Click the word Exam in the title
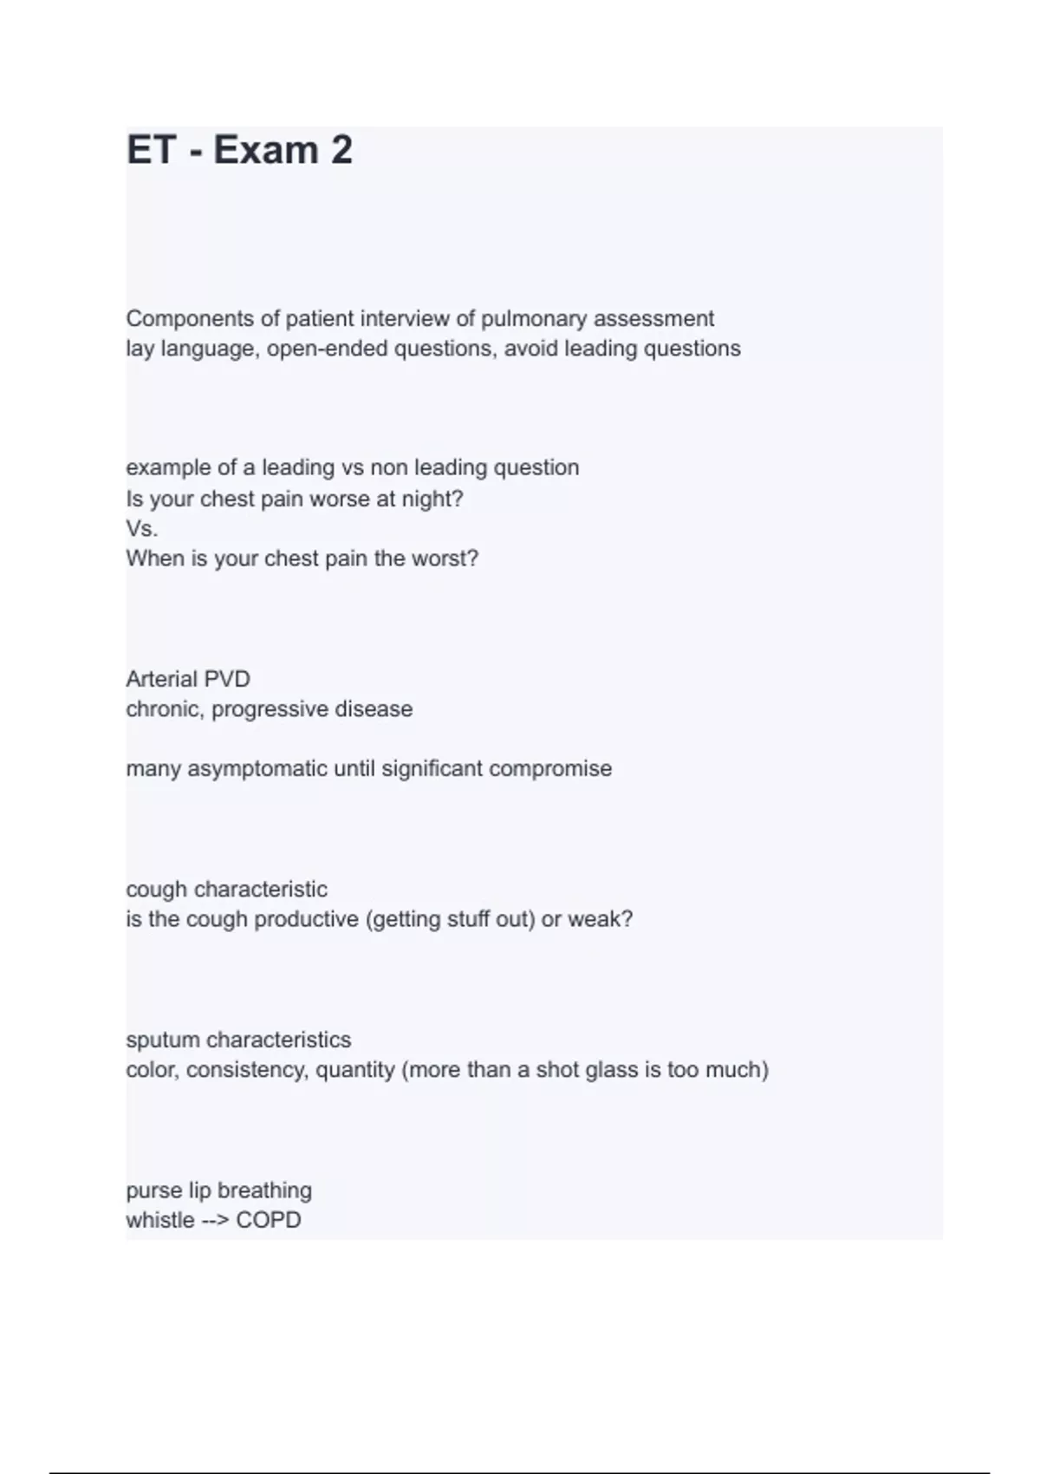click(x=266, y=150)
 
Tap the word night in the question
click(x=429, y=499)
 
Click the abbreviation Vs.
click(x=142, y=529)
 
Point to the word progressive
click(x=270, y=709)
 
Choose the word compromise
click(x=550, y=769)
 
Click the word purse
click(x=154, y=1190)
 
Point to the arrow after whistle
click(x=215, y=1220)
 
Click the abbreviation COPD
click(x=269, y=1220)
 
